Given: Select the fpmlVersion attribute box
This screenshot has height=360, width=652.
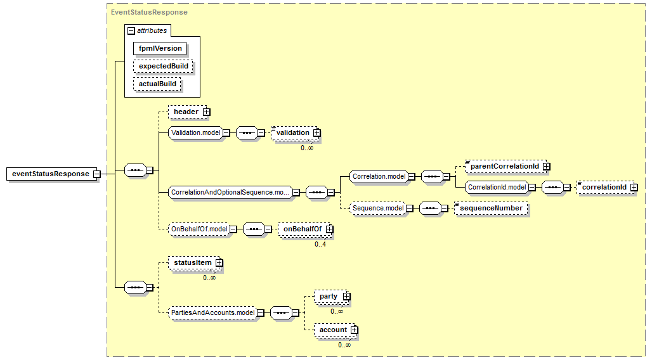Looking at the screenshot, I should [160, 48].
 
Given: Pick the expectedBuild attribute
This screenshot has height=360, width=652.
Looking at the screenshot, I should [163, 66].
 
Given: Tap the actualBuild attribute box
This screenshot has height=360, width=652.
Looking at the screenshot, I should [157, 84].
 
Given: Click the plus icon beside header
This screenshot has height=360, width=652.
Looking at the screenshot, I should [206, 112].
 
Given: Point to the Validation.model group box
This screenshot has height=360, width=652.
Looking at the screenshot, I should [196, 132].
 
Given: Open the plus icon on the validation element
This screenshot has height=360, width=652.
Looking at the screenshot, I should [316, 133].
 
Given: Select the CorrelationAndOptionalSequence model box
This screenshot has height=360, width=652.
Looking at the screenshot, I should [230, 192].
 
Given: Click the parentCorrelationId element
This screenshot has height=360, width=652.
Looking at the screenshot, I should [505, 166].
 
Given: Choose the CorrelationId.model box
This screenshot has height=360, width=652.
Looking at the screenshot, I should [497, 187].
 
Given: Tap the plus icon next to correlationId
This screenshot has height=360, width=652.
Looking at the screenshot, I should [634, 187].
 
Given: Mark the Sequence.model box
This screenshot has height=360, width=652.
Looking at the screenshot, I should [378, 208].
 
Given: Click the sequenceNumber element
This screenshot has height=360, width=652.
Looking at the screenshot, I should [491, 208].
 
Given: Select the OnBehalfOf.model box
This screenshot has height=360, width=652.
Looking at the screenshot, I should [199, 229].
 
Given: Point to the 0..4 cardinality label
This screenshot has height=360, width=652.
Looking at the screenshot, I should [320, 244].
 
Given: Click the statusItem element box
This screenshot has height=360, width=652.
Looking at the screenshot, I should [193, 262].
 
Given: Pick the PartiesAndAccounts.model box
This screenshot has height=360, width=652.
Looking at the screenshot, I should [212, 312].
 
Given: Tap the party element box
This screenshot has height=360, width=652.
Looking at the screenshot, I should [329, 296].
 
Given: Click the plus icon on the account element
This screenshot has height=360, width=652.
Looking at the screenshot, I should [354, 330].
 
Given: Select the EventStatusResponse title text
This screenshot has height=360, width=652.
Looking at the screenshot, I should [149, 12].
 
